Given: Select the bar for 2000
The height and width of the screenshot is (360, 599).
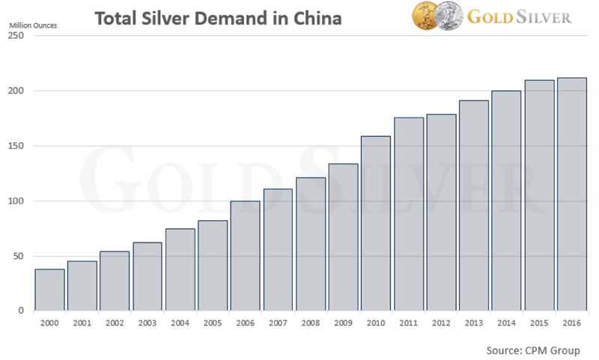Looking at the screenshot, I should pyautogui.click(x=49, y=290).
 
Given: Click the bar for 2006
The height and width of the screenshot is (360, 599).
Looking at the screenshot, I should pyautogui.click(x=246, y=255).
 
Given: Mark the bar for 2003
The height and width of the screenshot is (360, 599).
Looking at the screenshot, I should pyautogui.click(x=148, y=276).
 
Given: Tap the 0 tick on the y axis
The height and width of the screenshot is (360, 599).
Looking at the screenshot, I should pyautogui.click(x=22, y=311).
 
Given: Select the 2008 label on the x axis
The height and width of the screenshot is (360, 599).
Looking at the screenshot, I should pyautogui.click(x=311, y=323).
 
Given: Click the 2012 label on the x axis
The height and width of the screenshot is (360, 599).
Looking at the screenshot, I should pyautogui.click(x=442, y=323).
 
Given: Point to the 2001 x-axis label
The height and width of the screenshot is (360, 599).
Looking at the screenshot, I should pyautogui.click(x=82, y=323).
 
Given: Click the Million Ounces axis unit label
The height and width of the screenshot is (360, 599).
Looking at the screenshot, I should pyautogui.click(x=33, y=23).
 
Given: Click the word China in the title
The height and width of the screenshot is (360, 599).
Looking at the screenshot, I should pyautogui.click(x=314, y=16).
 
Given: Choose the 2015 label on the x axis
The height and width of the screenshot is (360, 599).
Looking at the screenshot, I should pyautogui.click(x=539, y=323).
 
